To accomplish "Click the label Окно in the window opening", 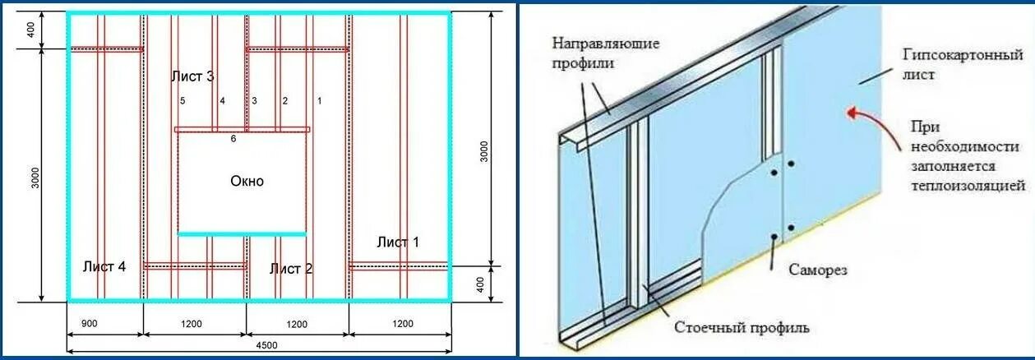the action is (247, 181).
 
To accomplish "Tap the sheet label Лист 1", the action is (398, 242).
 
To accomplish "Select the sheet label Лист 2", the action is (291, 268).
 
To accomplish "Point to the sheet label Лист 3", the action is (192, 76).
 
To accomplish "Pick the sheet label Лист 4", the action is (104, 266).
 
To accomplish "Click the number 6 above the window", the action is (233, 139).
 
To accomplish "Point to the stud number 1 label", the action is (319, 101).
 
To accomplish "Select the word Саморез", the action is (817, 269).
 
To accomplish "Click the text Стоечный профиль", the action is (742, 328).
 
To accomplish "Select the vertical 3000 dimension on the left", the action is (35, 177).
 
